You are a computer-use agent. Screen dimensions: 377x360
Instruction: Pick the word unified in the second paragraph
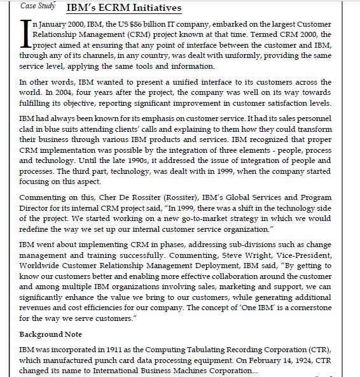[x=167, y=82]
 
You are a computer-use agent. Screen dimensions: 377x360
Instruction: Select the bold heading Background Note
[x=51, y=334]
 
